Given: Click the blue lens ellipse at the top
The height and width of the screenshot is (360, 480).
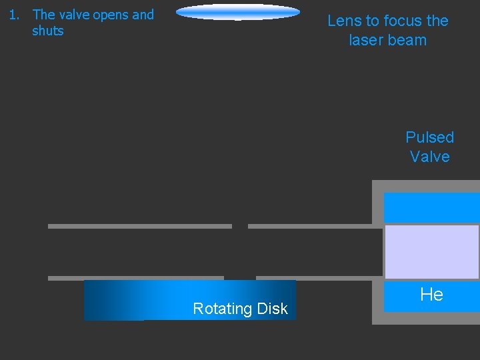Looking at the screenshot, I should tap(238, 12).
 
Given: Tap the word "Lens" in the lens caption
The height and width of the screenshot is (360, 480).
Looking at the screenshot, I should tap(344, 21).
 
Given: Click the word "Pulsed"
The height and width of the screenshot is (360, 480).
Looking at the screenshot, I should tap(429, 137).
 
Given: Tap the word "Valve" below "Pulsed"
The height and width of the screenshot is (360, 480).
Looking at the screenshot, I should tap(429, 157).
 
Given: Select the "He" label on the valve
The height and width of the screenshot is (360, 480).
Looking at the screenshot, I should tap(431, 295).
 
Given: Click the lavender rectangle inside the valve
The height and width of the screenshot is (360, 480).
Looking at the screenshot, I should tap(431, 251).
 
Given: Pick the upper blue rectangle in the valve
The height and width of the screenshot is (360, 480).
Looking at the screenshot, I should tap(431, 207).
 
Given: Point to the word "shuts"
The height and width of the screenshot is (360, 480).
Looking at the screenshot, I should tap(48, 31).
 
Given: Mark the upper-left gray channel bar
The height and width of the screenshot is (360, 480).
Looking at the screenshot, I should tap(140, 226).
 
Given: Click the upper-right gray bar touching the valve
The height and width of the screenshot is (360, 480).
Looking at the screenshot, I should tap(311, 226).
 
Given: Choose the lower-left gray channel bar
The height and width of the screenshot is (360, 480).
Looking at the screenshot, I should tap(136, 278).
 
